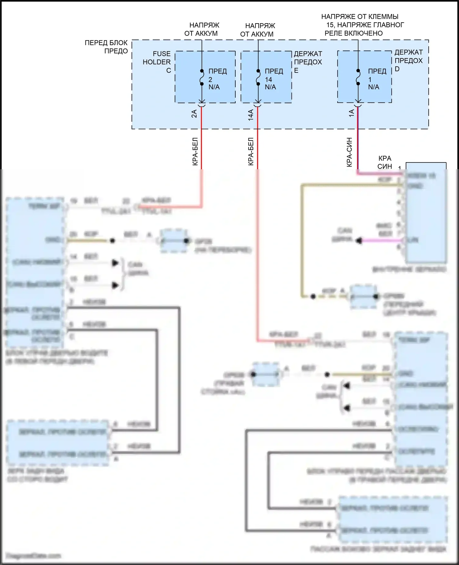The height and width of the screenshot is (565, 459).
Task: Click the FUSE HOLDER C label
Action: [157, 62]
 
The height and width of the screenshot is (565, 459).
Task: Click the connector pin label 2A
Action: [194, 114]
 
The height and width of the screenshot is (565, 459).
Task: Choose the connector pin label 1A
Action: [352, 113]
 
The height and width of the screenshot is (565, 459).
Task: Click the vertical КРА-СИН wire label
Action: [349, 152]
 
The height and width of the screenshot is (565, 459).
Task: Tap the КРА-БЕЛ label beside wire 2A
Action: [195, 152]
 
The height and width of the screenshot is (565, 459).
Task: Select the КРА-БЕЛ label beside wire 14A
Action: [251, 152]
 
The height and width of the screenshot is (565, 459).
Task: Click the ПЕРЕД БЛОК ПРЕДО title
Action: [106, 47]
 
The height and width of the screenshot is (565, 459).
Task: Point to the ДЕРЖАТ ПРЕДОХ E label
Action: [308, 62]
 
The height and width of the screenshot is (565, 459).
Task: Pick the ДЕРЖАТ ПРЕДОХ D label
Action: [408, 61]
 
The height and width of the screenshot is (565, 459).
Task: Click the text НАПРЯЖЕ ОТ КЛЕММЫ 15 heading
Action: [363, 25]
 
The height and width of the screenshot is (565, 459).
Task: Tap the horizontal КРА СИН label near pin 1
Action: [385, 163]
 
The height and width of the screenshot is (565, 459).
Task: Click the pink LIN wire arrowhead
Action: [359, 241]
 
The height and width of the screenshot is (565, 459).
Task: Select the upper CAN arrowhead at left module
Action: [115, 263]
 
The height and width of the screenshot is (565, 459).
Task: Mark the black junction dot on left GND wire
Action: [112, 241]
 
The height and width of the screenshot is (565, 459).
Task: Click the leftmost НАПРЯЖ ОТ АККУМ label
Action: [201, 29]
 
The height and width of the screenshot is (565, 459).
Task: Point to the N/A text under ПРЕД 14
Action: [270, 87]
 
